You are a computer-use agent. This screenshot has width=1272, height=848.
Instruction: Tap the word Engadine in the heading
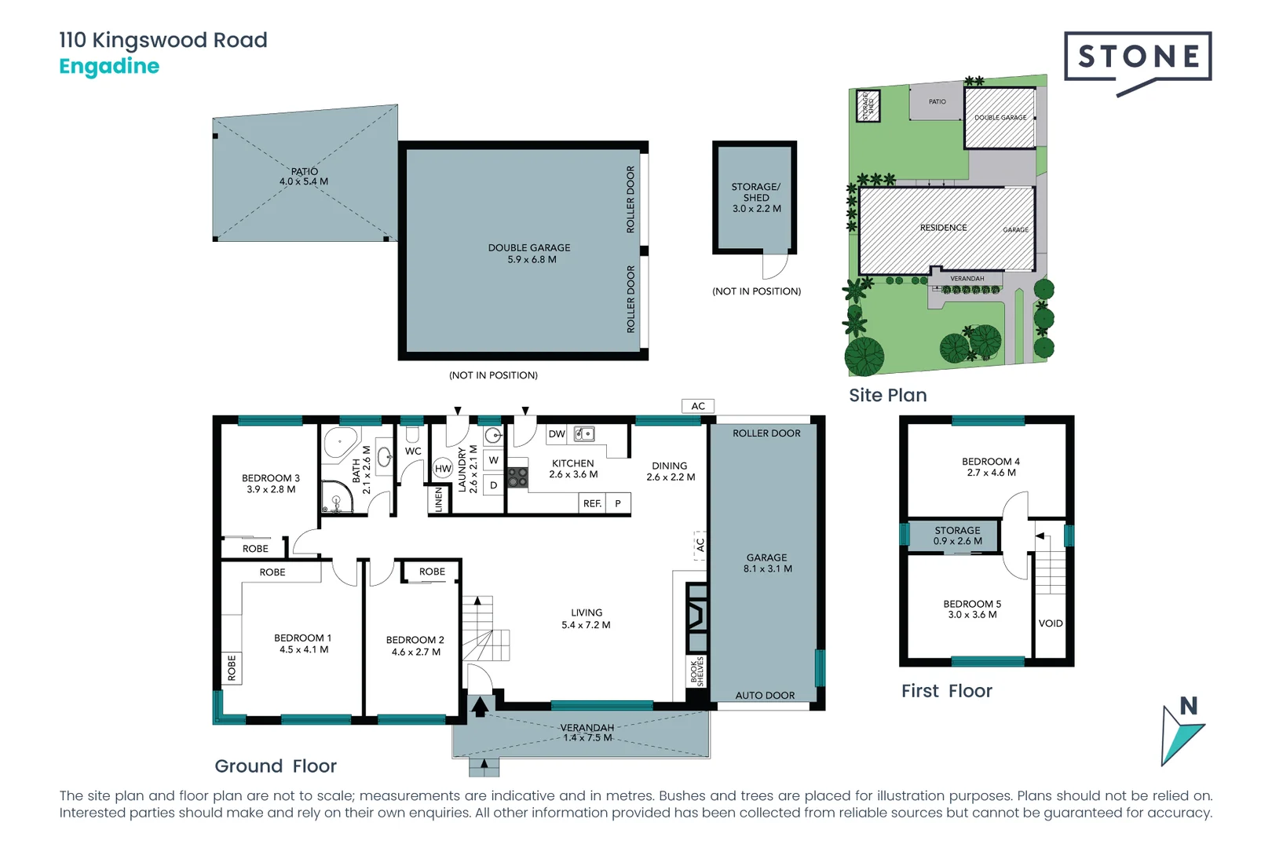coord(109,67)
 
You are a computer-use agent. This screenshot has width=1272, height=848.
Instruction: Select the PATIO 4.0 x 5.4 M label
coord(304,177)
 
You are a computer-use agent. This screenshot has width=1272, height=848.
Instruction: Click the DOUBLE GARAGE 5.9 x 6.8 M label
coord(529,254)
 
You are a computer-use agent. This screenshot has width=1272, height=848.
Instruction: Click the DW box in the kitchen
coord(557,434)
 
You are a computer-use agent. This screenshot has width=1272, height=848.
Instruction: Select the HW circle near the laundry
coord(443,469)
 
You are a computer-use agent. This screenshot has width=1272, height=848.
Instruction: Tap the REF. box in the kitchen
coord(593,503)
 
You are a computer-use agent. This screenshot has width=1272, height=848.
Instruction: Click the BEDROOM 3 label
coord(271,484)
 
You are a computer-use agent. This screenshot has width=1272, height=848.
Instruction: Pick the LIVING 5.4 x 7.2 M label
coord(587,619)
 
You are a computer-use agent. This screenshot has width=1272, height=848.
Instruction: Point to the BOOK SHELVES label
coord(697,671)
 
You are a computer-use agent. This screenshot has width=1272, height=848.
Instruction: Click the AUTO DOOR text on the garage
coord(765,696)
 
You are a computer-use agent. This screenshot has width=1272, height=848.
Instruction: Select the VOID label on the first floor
coord(1051,623)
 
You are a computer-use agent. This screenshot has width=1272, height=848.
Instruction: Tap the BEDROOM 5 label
coord(972,609)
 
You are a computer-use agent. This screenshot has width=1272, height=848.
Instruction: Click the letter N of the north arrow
coord(1189,706)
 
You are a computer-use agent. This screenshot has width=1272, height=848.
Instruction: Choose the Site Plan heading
coord(887,396)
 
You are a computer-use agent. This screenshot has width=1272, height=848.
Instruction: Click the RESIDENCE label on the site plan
coord(943,228)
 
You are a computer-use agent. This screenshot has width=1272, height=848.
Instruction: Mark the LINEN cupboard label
coord(439,499)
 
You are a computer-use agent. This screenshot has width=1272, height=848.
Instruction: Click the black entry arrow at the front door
coord(480,707)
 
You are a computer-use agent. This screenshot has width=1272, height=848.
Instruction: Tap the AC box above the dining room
coord(698,406)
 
